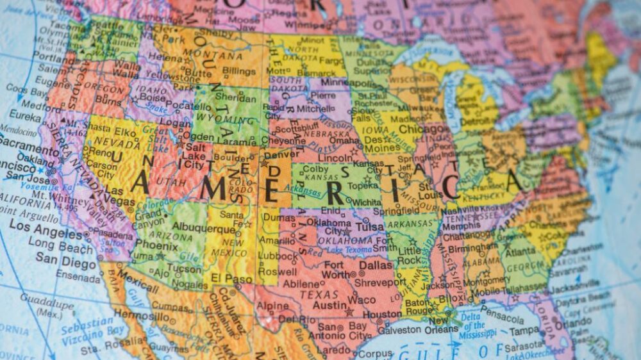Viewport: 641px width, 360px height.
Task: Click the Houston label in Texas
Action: tap(382, 315)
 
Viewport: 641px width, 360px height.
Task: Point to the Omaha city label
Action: tap(346, 141)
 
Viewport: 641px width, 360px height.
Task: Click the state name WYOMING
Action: tap(221, 119)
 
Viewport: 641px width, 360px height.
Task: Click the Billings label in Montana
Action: tap(238, 70)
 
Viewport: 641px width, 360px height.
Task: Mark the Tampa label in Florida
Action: tap(524, 331)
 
